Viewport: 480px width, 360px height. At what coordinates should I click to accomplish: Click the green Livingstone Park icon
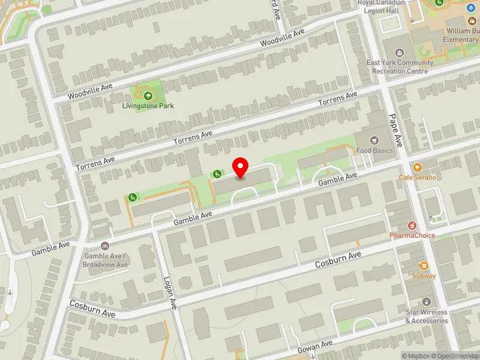click(148, 95)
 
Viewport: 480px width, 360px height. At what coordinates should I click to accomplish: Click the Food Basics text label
click(374, 150)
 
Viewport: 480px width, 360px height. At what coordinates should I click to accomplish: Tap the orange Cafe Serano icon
click(418, 167)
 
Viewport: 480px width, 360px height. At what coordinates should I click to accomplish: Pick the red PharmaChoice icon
click(412, 225)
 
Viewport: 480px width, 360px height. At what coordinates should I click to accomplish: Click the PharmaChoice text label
click(412, 235)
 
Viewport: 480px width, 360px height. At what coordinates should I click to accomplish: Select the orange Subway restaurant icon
click(424, 265)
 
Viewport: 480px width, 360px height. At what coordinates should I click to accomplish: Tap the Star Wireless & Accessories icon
click(427, 301)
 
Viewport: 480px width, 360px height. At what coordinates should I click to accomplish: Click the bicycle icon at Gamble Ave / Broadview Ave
click(106, 245)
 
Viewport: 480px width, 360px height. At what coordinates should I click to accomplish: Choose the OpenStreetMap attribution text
click(455, 355)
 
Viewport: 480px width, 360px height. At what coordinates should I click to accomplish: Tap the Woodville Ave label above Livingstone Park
click(90, 91)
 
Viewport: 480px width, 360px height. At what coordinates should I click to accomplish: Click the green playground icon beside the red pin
click(217, 174)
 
